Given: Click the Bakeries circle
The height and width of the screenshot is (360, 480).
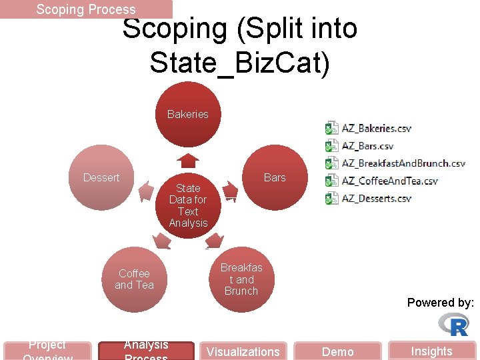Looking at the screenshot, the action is pyautogui.click(x=187, y=114).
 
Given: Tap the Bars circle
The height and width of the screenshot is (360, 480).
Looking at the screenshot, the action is pyautogui.click(x=274, y=177).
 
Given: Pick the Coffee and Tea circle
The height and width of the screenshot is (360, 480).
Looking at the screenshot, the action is pyautogui.click(x=134, y=279).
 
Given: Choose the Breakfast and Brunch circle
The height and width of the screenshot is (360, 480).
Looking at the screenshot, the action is pyautogui.click(x=241, y=279).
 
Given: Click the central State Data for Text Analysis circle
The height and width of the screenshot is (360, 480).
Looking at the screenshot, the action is pyautogui.click(x=188, y=205).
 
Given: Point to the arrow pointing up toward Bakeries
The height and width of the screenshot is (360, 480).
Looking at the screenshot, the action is pyautogui.click(x=189, y=161).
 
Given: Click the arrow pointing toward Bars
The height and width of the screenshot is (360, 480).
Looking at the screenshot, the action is pyautogui.click(x=230, y=192).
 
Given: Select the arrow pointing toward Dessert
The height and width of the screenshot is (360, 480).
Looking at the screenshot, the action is pyautogui.click(x=146, y=192).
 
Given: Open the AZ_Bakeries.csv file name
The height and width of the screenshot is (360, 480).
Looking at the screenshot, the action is pyautogui.click(x=377, y=128).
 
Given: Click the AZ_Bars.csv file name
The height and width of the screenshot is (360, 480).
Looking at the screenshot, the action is pyautogui.click(x=367, y=145).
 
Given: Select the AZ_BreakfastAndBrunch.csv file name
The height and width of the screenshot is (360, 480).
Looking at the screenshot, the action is pyautogui.click(x=403, y=163).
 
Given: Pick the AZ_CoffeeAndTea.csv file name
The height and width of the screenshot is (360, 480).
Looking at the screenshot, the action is pyautogui.click(x=390, y=181).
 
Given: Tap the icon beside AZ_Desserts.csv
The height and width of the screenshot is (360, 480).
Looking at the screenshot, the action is pyautogui.click(x=331, y=198).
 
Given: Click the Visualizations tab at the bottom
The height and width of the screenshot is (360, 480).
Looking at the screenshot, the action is pyautogui.click(x=243, y=351).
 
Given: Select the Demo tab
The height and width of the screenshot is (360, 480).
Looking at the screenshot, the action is pyautogui.click(x=338, y=351).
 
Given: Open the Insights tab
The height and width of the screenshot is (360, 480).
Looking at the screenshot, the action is pyautogui.click(x=431, y=351).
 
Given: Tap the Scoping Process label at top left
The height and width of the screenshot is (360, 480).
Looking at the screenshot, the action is pyautogui.click(x=86, y=9).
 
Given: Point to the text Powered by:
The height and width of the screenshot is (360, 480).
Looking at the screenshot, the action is pyautogui.click(x=440, y=303).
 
